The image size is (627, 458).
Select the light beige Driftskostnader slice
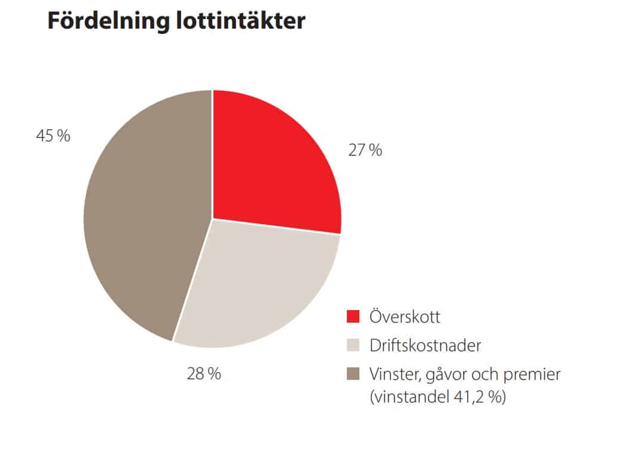(256, 286)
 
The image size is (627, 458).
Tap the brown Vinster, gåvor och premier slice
(143, 221)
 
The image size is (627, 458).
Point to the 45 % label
(53, 136)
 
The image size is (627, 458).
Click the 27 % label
(365, 150)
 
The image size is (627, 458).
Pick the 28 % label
(204, 374)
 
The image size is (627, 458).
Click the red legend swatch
(353, 316)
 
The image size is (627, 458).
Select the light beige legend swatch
(353, 345)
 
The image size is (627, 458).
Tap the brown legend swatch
(353, 375)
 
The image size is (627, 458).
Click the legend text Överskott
(405, 316)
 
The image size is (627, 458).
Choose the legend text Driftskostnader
(425, 345)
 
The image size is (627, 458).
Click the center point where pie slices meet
(212, 219)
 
